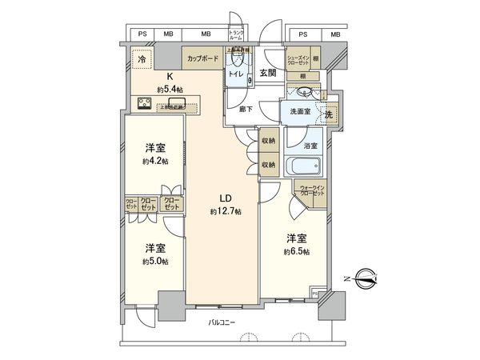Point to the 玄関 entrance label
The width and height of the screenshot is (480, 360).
(x=267, y=73)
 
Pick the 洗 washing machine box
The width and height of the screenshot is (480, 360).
(x=329, y=114)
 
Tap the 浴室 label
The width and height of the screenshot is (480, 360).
(x=311, y=146)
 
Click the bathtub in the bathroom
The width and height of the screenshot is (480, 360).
(x=304, y=169)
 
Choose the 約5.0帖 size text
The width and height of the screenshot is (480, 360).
(x=154, y=262)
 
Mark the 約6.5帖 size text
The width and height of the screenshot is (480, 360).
(x=298, y=251)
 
